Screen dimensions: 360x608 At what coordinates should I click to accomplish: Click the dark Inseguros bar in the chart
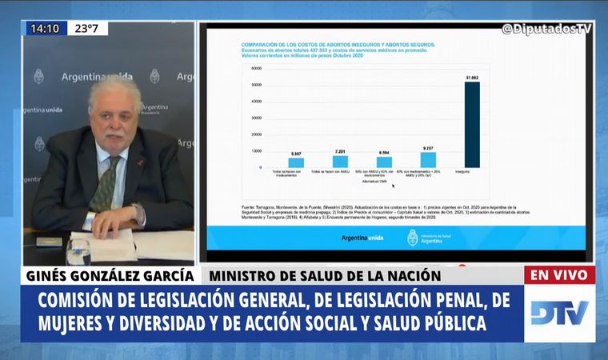pos(472,125)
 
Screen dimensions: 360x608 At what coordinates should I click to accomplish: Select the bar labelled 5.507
pos(296,162)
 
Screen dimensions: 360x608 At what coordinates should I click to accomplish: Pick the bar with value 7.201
pos(340,161)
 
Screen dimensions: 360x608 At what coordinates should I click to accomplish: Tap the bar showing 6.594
pos(384,162)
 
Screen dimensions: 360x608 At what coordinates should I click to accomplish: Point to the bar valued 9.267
pos(428,159)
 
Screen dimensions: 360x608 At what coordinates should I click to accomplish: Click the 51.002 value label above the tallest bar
pos(472,77)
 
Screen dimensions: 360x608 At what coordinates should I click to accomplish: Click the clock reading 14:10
pos(45,29)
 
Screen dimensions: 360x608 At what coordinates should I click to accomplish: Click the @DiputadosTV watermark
pos(548,29)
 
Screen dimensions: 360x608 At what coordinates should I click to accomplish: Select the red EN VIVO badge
pos(560,275)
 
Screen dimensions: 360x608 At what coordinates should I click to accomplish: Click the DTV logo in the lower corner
pos(560,312)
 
